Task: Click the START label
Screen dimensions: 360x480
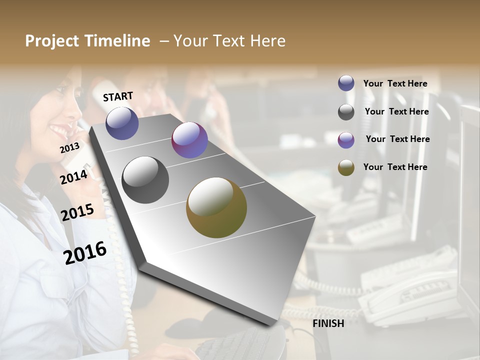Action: [118, 96]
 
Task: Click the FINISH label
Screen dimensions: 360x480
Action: [328, 323]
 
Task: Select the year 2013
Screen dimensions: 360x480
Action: [69, 148]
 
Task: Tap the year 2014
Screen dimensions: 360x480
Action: [74, 177]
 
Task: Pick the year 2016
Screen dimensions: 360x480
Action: [85, 253]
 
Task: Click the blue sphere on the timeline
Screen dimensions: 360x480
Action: [122, 123]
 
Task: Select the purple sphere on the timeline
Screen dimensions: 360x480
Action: [189, 140]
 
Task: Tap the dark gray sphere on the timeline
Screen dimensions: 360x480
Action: [145, 180]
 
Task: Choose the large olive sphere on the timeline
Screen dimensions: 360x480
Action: [216, 207]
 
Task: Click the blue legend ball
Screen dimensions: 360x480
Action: [346, 83]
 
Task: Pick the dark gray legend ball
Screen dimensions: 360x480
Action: [346, 112]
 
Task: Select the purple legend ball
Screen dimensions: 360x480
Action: [346, 140]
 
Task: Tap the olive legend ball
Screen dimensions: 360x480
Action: [346, 168]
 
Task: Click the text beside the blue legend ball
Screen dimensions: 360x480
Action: [395, 83]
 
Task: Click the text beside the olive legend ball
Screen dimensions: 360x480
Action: [395, 167]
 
